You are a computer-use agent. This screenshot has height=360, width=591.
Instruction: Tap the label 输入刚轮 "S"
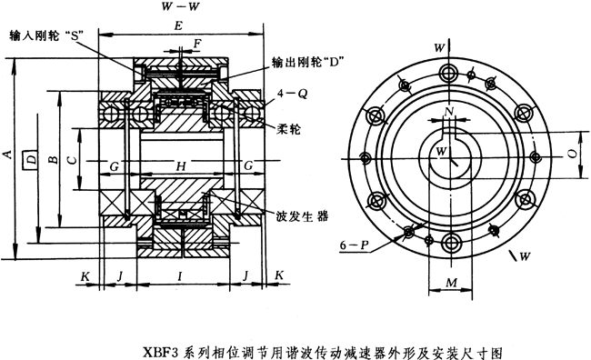[x=46, y=37]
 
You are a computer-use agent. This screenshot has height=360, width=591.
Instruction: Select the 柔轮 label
[x=289, y=130]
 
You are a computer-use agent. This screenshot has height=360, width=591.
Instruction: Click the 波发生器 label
[x=303, y=216]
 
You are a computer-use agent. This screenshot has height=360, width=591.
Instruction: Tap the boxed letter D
[x=31, y=160]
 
